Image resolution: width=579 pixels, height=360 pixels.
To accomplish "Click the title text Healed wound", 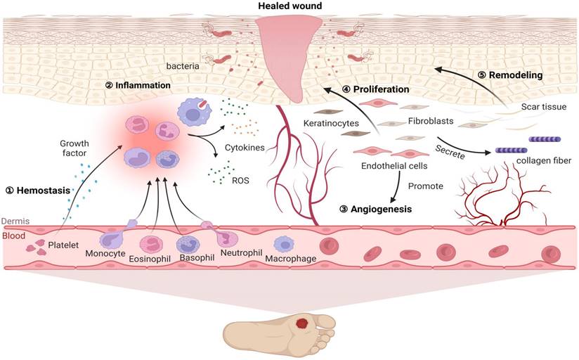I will tap(289, 6).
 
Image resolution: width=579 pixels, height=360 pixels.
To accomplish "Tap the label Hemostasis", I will tap(44, 190).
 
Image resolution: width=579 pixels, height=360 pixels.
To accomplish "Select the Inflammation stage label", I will tap(138, 85).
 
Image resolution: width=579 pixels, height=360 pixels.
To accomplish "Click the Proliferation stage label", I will tap(375, 89).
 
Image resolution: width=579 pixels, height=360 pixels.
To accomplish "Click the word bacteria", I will tap(182, 66).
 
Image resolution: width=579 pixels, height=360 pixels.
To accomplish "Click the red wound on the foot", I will tap(303, 323).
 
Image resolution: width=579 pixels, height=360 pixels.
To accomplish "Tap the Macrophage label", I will tap(289, 259).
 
